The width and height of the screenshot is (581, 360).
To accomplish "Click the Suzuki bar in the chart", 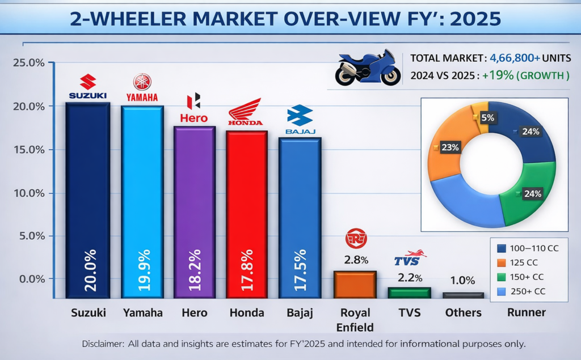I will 88,198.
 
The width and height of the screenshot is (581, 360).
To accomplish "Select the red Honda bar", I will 247,213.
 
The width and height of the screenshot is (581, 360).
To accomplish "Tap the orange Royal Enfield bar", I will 355,284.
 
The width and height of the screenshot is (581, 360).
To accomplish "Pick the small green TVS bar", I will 409,293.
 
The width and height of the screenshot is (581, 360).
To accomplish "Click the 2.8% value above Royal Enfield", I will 355,260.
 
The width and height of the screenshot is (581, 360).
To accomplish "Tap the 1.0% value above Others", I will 463,281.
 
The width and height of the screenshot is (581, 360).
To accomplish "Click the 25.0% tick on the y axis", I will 28,63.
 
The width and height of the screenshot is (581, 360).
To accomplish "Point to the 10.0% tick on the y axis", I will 28,193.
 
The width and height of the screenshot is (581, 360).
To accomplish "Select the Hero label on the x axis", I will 194,313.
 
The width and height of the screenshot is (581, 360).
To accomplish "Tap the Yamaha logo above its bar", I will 142,88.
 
